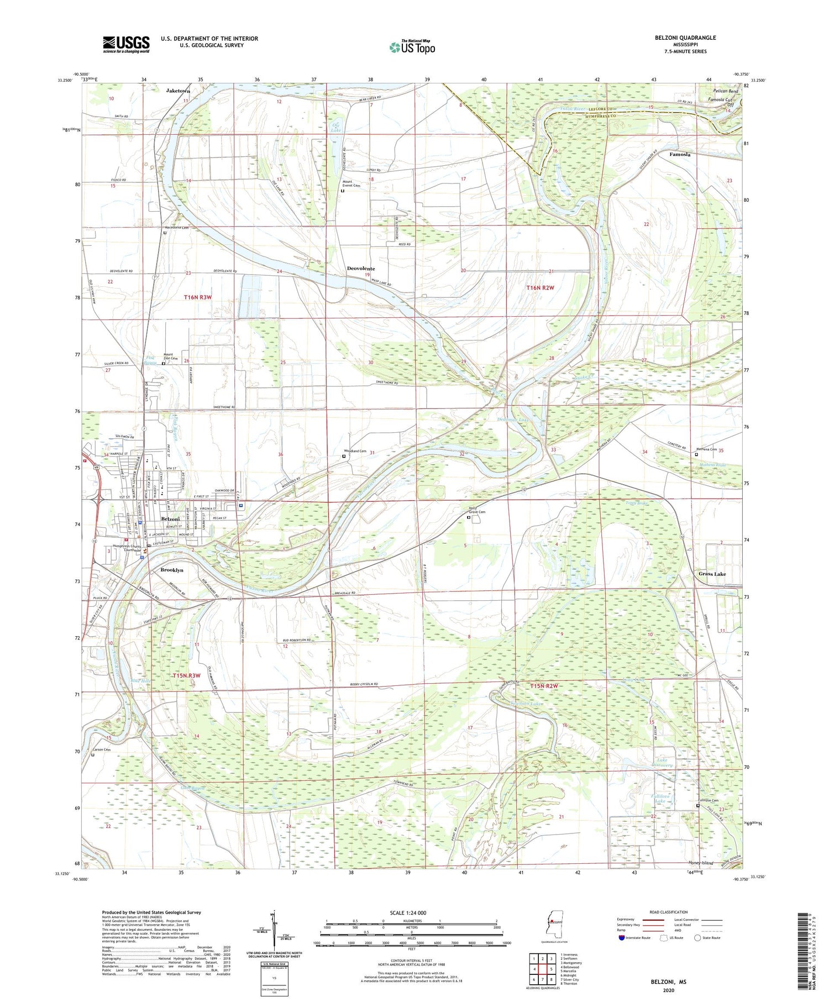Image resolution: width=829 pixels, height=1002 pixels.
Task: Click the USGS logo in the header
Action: (x=126, y=44)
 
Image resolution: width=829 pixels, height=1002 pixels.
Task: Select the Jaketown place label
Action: (x=178, y=91)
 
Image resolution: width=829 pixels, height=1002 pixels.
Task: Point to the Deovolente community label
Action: (x=360, y=269)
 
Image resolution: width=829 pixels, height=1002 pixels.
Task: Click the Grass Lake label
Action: (x=712, y=574)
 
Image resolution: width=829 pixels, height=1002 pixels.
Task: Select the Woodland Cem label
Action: (x=355, y=451)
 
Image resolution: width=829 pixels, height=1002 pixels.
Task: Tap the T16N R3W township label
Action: (x=198, y=297)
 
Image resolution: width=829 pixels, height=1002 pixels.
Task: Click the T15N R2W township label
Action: (x=544, y=686)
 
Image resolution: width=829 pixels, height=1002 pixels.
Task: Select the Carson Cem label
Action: (x=102, y=750)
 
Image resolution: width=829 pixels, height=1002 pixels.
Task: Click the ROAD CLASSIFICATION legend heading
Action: (x=669, y=912)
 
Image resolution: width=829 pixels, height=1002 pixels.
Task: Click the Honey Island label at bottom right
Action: (x=701, y=863)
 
